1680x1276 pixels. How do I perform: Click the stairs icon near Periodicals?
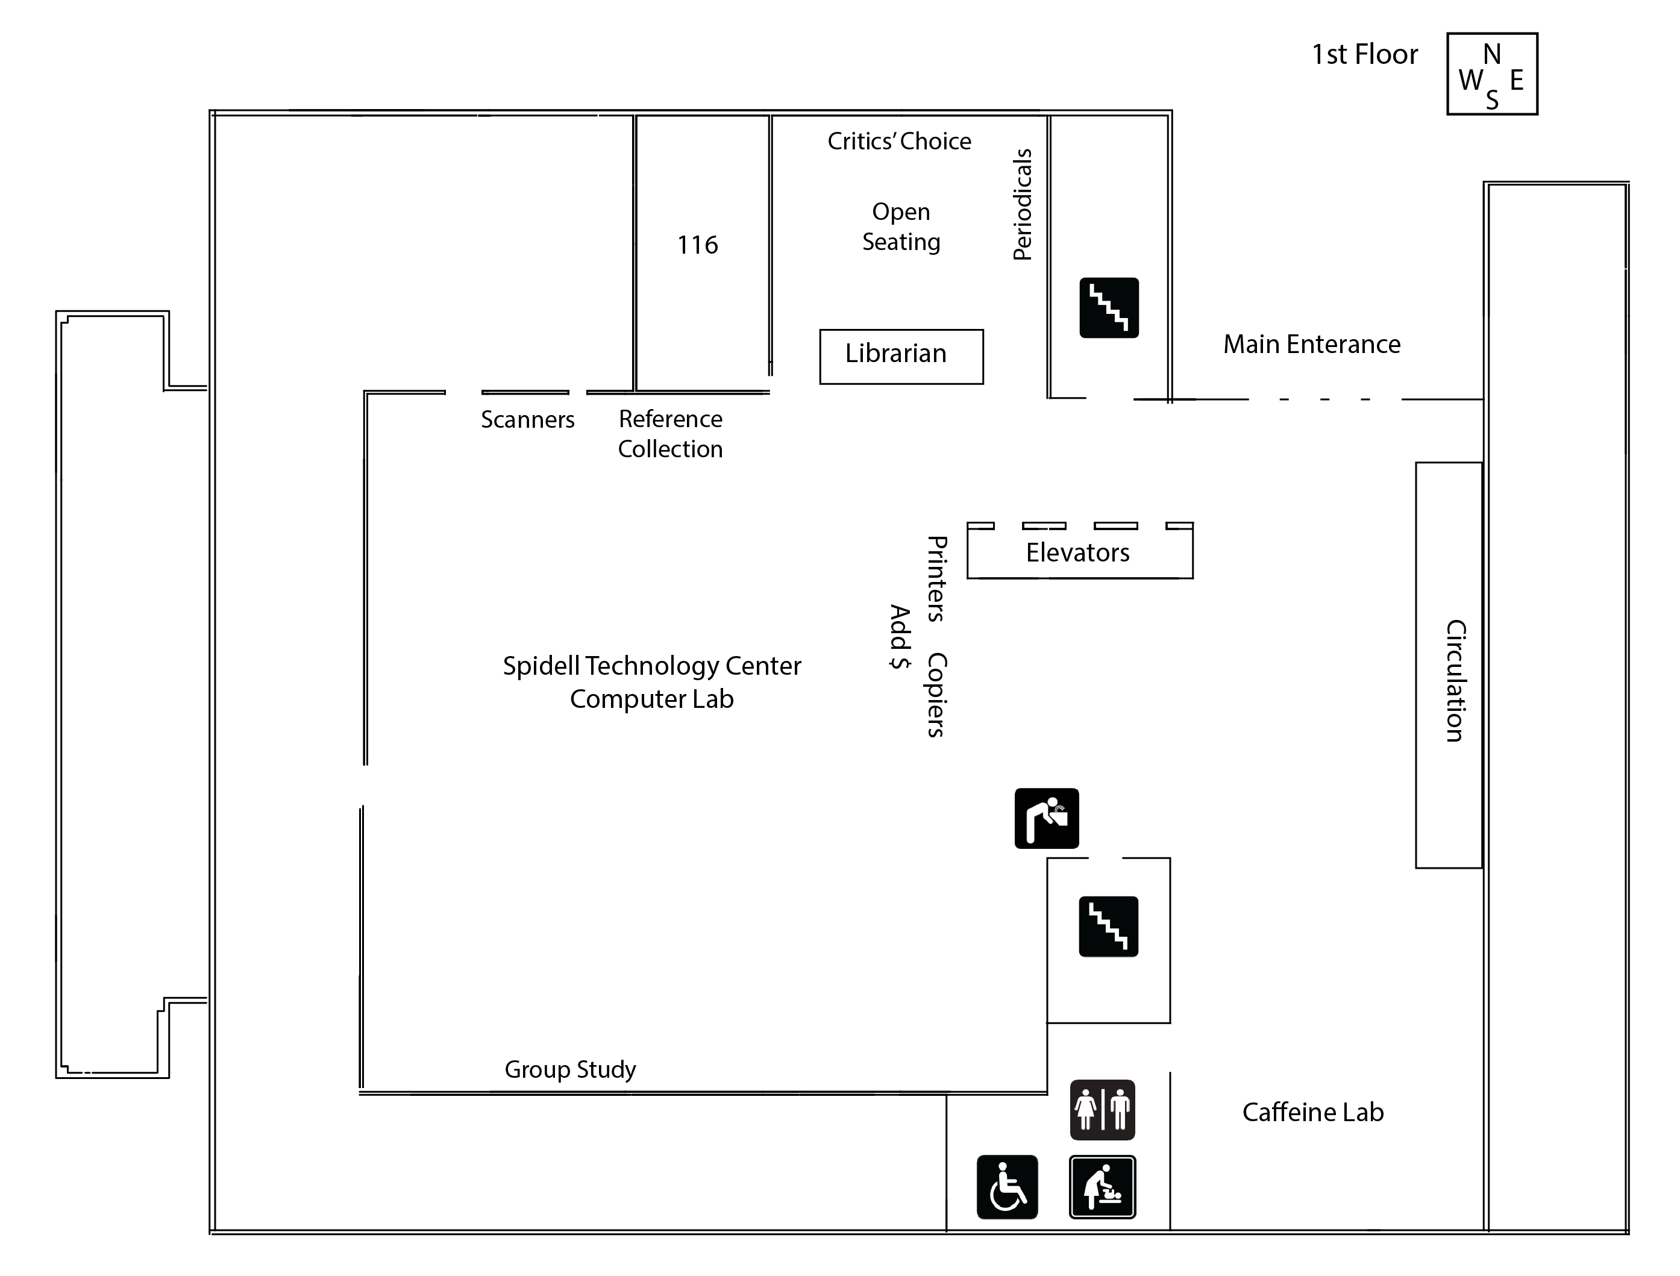click(1109, 308)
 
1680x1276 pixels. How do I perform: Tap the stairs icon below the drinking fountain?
click(1108, 926)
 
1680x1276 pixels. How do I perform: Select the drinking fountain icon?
click(1047, 818)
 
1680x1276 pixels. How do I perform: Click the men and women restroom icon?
click(1102, 1110)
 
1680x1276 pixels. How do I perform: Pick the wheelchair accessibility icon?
click(1007, 1187)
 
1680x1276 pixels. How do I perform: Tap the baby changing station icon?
click(1102, 1187)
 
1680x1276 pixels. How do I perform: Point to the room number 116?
click(697, 245)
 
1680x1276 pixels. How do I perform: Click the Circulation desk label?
click(1453, 681)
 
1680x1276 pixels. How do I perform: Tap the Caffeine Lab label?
click(1312, 1112)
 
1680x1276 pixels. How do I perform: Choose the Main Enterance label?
click(1312, 344)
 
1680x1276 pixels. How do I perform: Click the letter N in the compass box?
click(1491, 54)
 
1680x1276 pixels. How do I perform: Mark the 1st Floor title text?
click(1364, 54)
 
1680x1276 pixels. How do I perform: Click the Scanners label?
click(527, 419)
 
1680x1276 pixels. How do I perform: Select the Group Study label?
click(569, 1069)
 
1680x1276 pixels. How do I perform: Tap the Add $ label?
click(899, 636)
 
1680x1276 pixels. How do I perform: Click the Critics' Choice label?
click(899, 141)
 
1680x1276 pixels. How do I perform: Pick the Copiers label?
click(936, 695)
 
